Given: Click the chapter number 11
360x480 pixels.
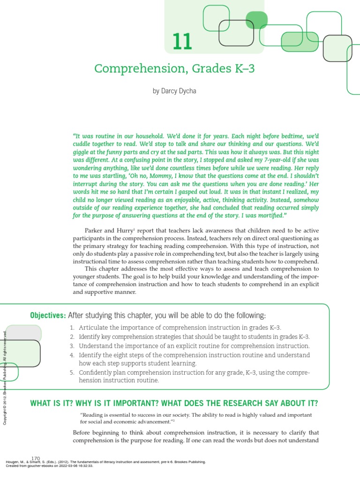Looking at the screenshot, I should tap(182, 42).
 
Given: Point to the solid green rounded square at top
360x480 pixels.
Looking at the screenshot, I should tap(256, 20).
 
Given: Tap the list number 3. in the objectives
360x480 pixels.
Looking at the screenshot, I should tap(72, 346).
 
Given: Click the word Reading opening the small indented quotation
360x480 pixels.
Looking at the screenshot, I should tap(95, 415).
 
